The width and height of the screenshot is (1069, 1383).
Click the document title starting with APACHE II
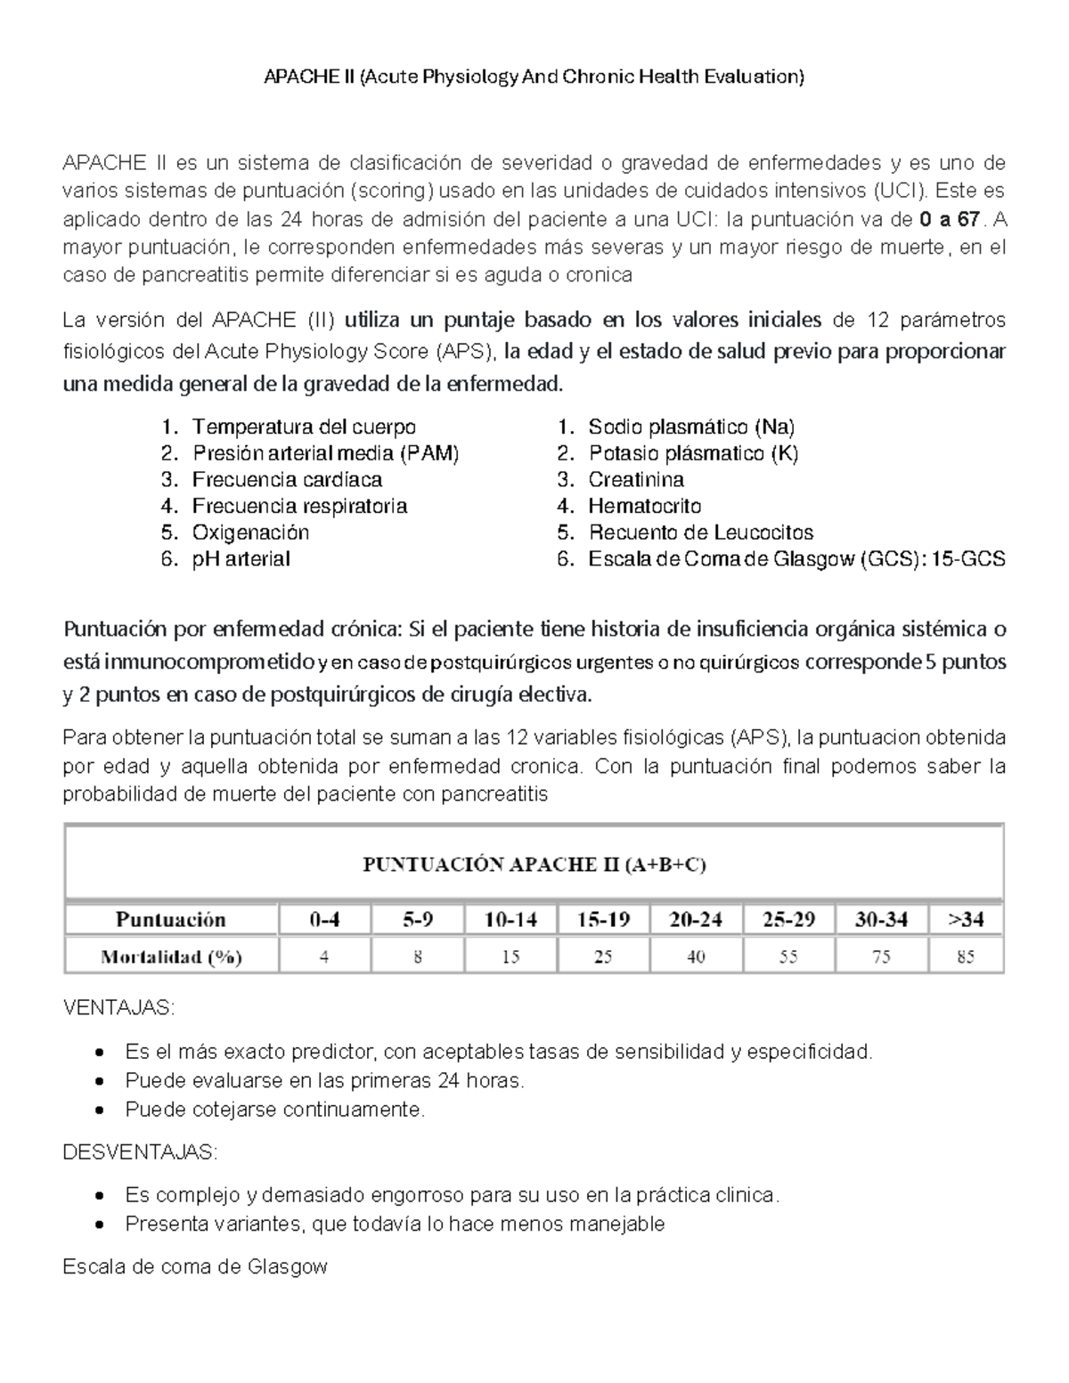(x=534, y=77)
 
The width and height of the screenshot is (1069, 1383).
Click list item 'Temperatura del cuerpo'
(x=304, y=427)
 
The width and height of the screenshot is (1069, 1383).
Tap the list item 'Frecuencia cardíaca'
(x=287, y=480)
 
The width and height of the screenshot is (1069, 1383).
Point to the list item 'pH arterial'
(x=241, y=559)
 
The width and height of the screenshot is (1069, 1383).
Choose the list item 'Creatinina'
(x=636, y=480)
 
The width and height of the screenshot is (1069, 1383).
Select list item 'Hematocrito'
(x=644, y=507)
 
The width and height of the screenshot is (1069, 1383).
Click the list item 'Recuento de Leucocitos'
(x=700, y=533)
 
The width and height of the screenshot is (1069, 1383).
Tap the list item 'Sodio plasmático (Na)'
(x=691, y=427)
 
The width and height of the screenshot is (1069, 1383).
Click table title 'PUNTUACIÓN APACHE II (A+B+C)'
(x=534, y=865)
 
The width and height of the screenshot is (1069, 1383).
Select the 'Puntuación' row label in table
(x=171, y=919)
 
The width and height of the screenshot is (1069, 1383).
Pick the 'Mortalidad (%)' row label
(x=171, y=957)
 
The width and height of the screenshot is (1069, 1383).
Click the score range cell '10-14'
(x=510, y=919)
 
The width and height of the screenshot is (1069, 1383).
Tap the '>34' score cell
(x=966, y=919)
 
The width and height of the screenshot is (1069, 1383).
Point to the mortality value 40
(x=696, y=957)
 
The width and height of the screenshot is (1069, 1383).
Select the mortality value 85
(x=966, y=957)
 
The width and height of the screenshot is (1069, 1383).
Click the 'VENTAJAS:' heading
(x=119, y=1008)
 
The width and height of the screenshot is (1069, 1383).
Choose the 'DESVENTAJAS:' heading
(x=140, y=1152)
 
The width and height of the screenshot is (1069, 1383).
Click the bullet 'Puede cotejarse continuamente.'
(x=275, y=1110)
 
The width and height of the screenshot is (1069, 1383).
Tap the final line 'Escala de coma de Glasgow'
(x=195, y=1266)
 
